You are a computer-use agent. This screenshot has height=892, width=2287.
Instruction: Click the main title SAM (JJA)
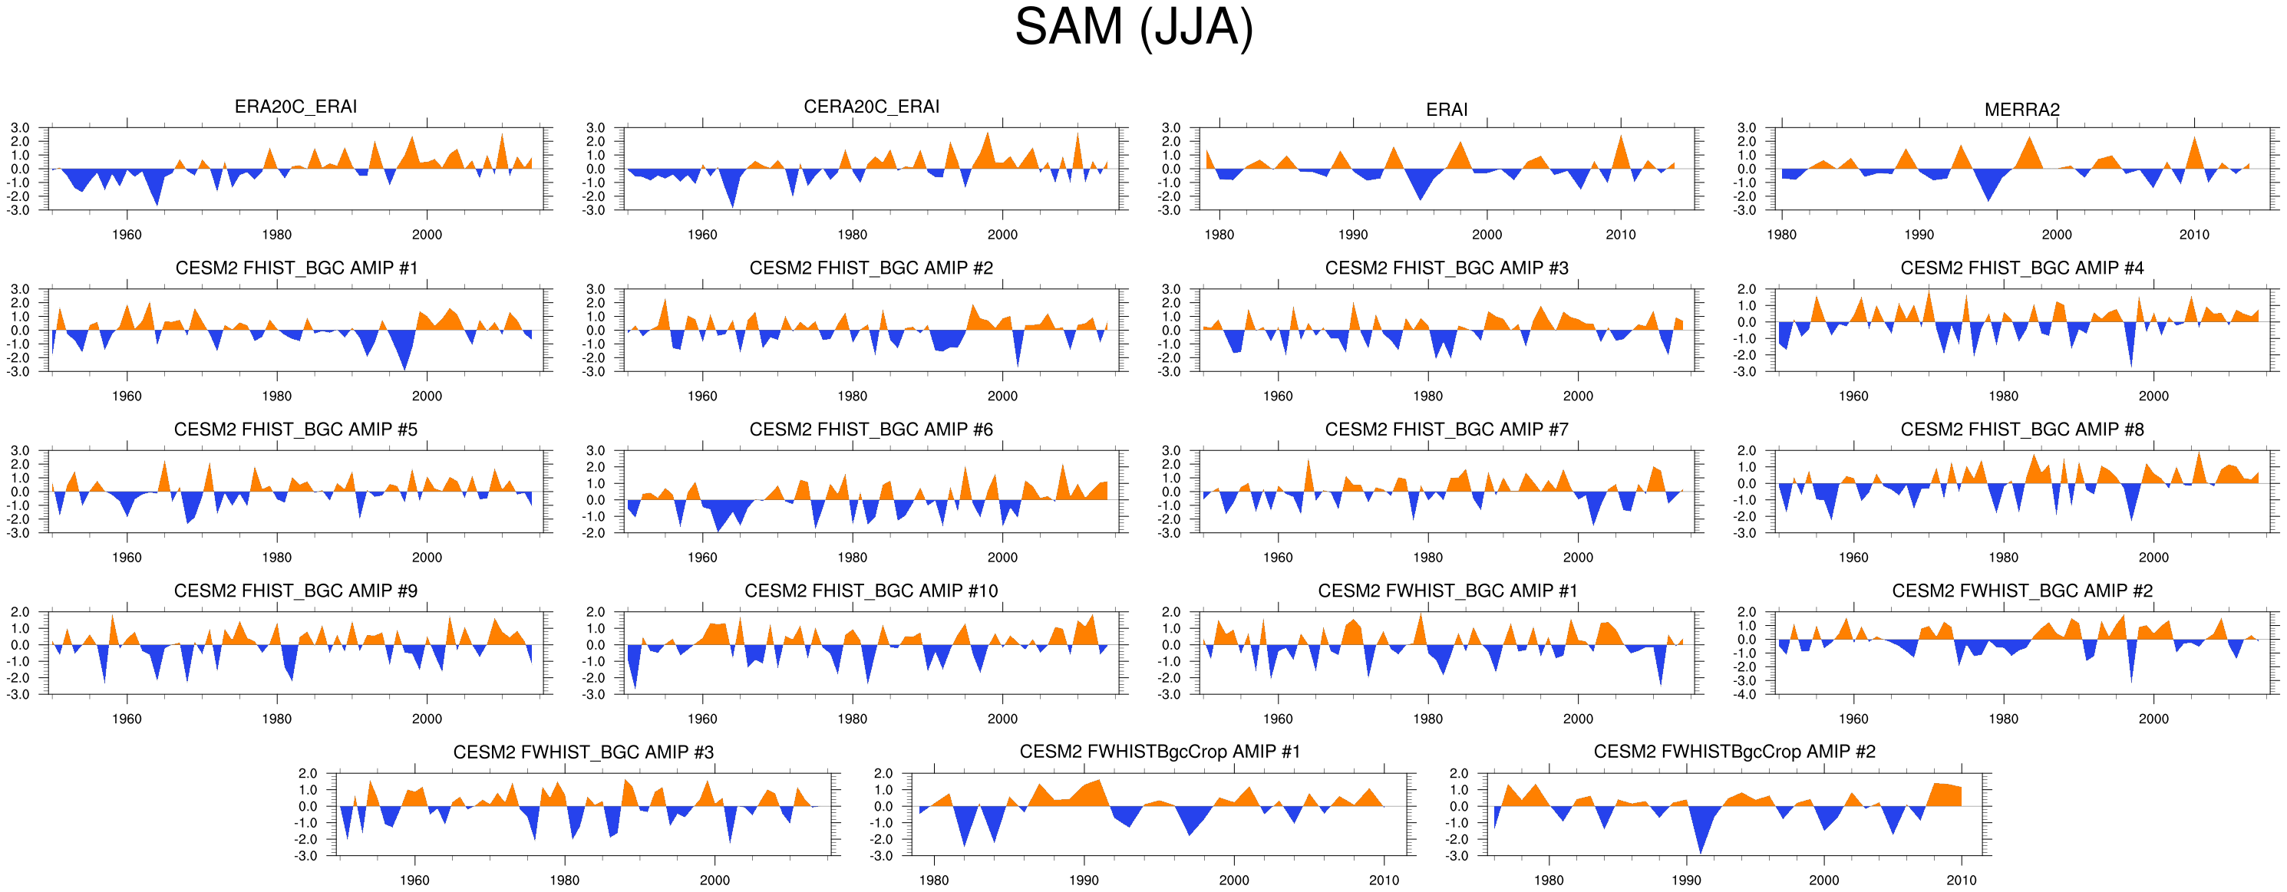pyautogui.click(x=1134, y=28)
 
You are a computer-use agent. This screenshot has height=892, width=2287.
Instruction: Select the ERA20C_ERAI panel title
pyautogui.click(x=295, y=107)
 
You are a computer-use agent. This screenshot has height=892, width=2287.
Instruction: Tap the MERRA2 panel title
pyautogui.click(x=2021, y=109)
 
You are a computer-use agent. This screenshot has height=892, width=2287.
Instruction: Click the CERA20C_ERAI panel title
pyautogui.click(x=871, y=107)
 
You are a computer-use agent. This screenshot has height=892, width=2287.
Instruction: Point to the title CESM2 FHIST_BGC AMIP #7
pyautogui.click(x=1446, y=430)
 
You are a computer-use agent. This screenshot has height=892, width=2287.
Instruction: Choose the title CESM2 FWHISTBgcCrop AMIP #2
pyautogui.click(x=1734, y=752)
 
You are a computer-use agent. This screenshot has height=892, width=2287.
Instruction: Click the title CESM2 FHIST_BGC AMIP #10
pyautogui.click(x=871, y=591)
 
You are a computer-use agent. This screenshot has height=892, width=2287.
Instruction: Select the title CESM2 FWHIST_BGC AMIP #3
pyautogui.click(x=583, y=752)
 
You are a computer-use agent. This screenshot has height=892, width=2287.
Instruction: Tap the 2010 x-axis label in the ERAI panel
pyautogui.click(x=1620, y=235)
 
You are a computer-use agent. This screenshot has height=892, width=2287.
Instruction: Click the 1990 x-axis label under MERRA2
pyautogui.click(x=1919, y=235)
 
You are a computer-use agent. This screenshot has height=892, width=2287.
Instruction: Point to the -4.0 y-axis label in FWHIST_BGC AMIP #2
pyautogui.click(x=1746, y=695)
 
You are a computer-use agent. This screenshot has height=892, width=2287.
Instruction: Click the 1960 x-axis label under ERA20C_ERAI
pyautogui.click(x=127, y=235)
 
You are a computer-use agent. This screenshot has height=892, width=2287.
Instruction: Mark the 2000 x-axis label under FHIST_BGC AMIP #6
pyautogui.click(x=1002, y=558)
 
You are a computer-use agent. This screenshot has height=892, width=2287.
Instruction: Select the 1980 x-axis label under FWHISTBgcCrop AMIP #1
pyautogui.click(x=934, y=880)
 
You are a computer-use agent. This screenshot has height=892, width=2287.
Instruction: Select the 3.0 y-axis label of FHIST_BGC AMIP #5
pyautogui.click(x=19, y=451)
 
